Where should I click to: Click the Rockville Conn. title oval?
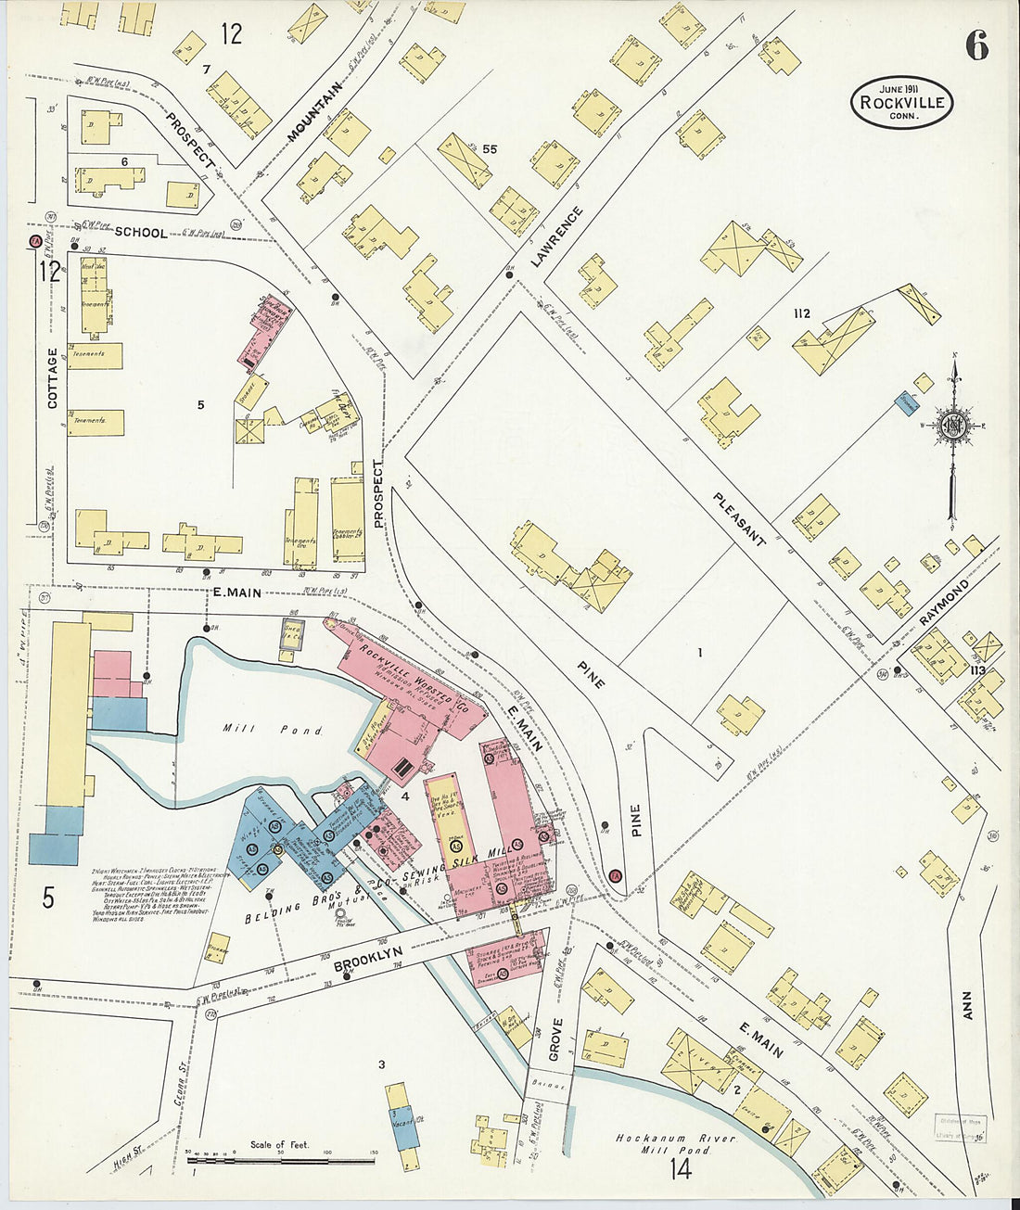pyautogui.click(x=901, y=102)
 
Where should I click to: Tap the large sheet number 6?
pyautogui.click(x=976, y=45)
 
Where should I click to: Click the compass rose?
pyautogui.click(x=952, y=427)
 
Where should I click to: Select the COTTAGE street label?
pyautogui.click(x=52, y=377)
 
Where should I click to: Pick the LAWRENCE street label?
pyautogui.click(x=557, y=237)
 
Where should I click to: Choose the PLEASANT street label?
pyautogui.click(x=739, y=518)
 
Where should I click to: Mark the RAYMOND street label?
pyautogui.click(x=945, y=605)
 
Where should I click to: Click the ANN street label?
pyautogui.click(x=967, y=1005)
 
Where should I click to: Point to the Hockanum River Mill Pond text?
pyautogui.click(x=676, y=1143)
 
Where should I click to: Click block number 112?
pyautogui.click(x=801, y=314)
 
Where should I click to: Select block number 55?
pyautogui.click(x=490, y=148)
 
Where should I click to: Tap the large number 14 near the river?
pyautogui.click(x=680, y=1169)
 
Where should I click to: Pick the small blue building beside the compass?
pyautogui.click(x=906, y=402)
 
